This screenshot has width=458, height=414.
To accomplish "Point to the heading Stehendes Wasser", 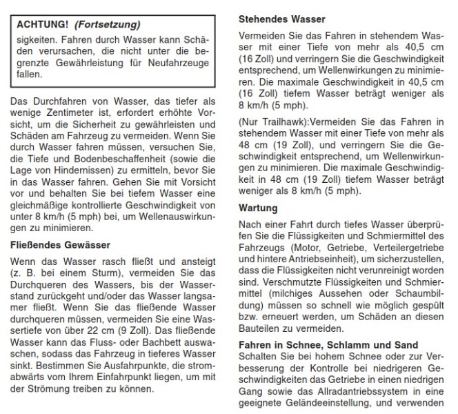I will pyautogui.click(x=281, y=19).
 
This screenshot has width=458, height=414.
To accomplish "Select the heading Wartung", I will pyautogui.click(x=257, y=207).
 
